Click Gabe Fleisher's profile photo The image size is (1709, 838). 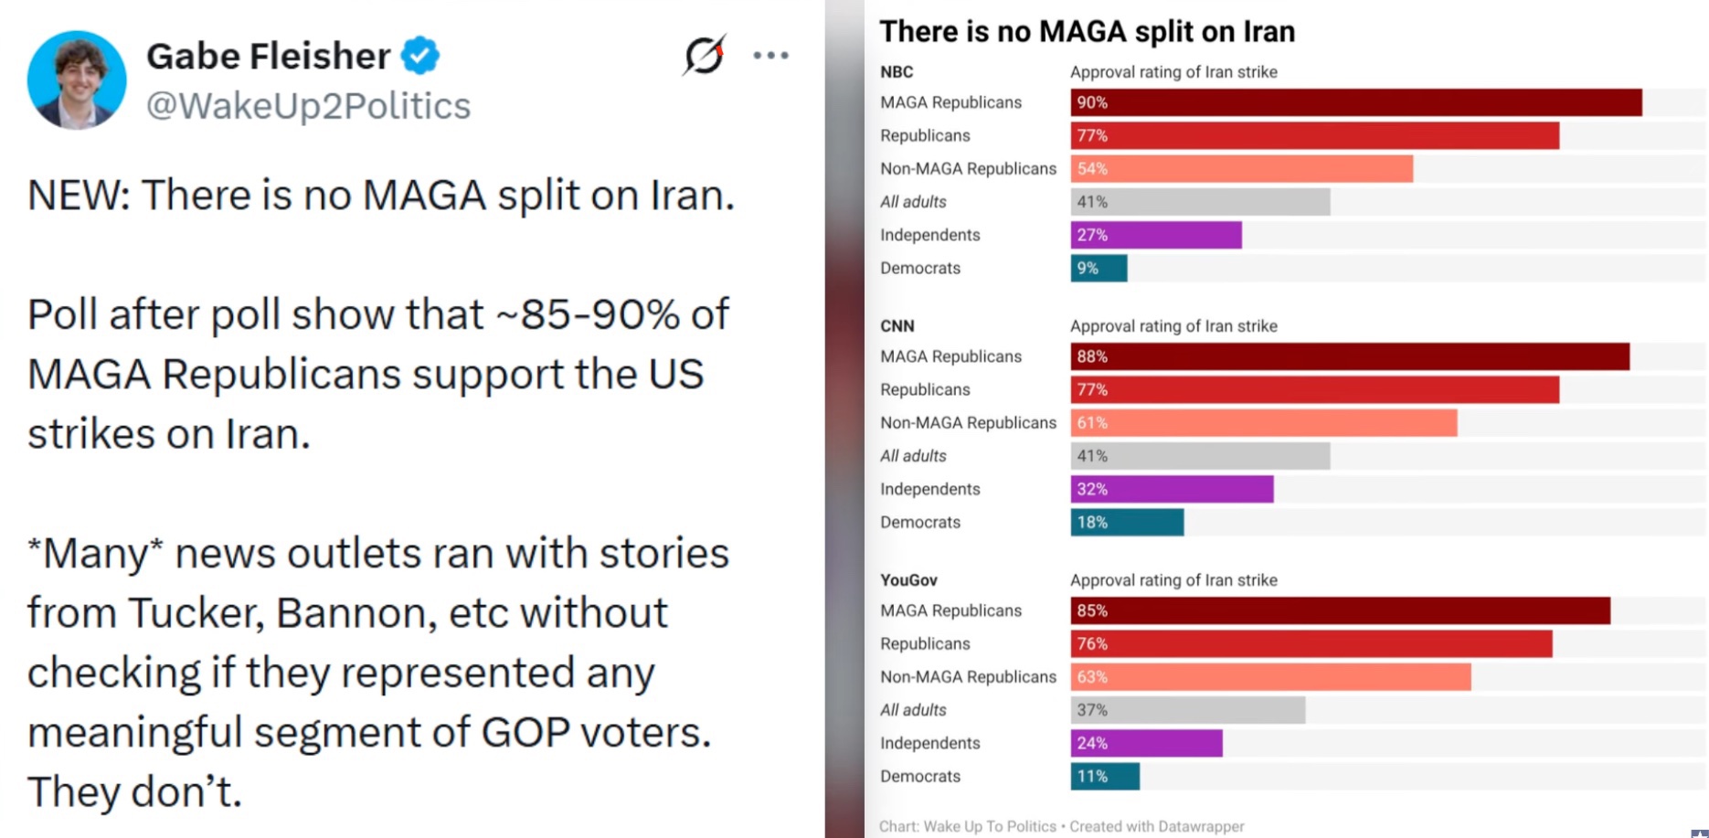pos(77,80)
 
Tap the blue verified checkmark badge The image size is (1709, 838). pos(420,56)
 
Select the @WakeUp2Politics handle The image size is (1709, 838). pos(308,106)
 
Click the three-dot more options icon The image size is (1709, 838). pos(770,56)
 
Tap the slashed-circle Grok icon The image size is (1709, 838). pos(704,56)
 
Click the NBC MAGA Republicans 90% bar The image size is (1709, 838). pos(1355,102)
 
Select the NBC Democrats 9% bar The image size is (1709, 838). pos(1099,269)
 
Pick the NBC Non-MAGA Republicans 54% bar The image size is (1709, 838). pos(1241,169)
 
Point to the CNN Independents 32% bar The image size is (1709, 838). pos(1172,490)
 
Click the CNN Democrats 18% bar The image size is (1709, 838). pos(1127,523)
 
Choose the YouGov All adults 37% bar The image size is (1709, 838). pos(1187,710)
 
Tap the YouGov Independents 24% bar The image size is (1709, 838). pos(1146,744)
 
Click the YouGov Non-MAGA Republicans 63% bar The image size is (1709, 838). pos(1270,677)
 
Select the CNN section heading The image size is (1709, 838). pos(897,326)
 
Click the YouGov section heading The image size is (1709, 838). pos(908,580)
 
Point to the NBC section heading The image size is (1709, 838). pos(896,72)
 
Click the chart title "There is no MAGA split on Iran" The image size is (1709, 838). pos(1087,32)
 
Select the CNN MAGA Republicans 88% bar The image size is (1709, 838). pos(1349,356)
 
